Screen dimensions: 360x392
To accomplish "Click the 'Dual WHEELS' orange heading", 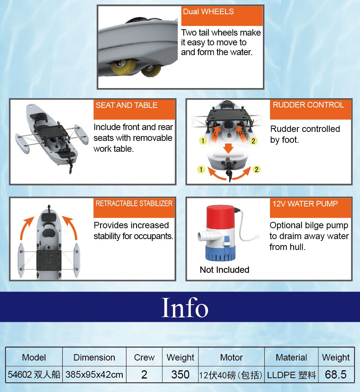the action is [208, 12].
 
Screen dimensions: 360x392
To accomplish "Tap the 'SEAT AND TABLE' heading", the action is [127, 105].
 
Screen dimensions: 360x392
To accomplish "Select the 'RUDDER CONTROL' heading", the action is [308, 105].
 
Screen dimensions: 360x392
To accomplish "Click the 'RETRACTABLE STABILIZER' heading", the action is [134, 203].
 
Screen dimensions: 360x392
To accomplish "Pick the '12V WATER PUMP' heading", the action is [305, 204].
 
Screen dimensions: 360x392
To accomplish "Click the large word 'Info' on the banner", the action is [185, 307].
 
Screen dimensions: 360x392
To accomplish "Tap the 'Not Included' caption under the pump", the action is [224, 270].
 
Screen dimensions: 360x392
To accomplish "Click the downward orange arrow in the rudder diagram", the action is [228, 148].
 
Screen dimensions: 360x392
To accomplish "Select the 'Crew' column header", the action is [144, 358].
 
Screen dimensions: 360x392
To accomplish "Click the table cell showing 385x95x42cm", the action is [94, 374].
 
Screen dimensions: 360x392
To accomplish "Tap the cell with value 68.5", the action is [336, 374].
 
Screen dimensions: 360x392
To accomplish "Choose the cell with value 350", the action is [180, 374].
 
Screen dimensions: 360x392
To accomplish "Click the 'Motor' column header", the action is [231, 358].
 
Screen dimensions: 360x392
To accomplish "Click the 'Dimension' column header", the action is [94, 358].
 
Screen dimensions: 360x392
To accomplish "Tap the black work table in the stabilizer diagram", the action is [49, 260].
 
